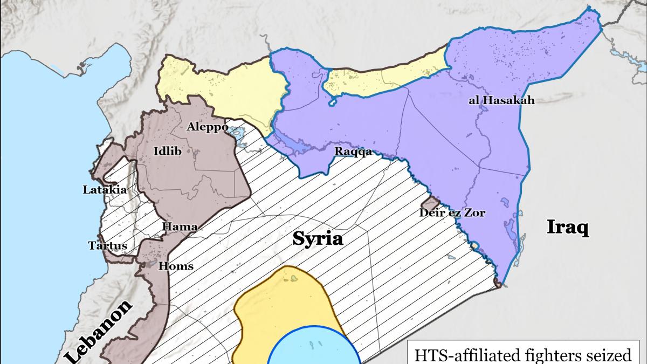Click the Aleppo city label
click(203, 127)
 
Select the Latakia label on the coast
click(105, 190)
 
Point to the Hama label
click(180, 227)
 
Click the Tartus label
click(108, 246)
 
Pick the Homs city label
click(176, 266)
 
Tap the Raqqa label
click(353, 152)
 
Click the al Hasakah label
click(501, 100)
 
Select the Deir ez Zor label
click(452, 213)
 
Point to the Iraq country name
click(567, 227)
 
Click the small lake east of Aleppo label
click(235, 131)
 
